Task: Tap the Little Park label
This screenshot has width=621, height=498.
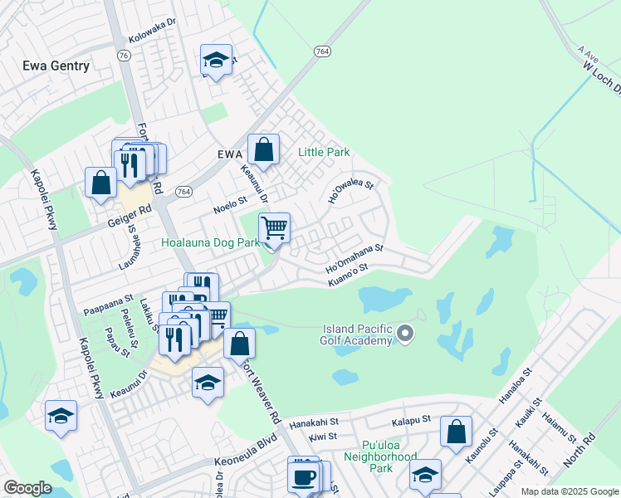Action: point(325,153)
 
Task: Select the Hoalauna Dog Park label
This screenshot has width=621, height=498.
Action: point(210,243)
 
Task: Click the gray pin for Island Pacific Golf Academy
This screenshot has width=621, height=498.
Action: point(405,334)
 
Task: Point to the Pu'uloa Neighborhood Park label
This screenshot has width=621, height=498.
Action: point(379,457)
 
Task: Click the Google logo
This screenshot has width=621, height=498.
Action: point(27,488)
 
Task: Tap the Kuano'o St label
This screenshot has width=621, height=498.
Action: point(347,276)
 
